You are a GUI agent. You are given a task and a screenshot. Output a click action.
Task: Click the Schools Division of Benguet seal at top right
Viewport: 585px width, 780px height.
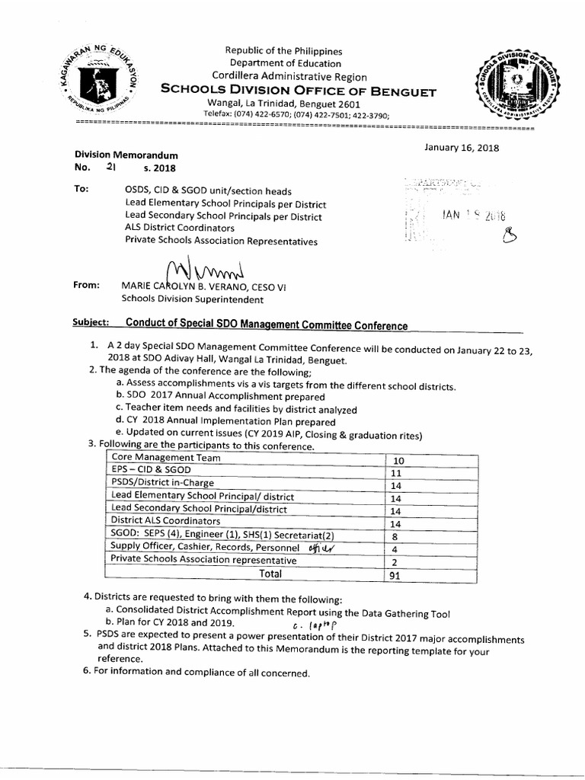click(x=503, y=85)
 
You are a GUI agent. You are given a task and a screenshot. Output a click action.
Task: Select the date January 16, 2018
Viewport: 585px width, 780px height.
click(x=462, y=148)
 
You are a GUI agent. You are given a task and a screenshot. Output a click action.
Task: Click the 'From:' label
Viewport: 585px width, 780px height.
click(x=87, y=286)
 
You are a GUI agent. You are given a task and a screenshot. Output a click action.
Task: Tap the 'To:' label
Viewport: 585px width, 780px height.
click(x=82, y=189)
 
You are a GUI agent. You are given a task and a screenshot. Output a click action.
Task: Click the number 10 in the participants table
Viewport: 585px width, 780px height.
click(x=399, y=460)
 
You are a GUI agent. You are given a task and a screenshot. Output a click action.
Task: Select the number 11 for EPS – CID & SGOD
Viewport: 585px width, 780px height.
click(x=399, y=473)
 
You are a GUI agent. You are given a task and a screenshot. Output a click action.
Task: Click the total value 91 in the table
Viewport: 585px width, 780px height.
click(x=395, y=576)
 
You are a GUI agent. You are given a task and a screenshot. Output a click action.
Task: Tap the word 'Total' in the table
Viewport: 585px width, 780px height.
click(x=270, y=574)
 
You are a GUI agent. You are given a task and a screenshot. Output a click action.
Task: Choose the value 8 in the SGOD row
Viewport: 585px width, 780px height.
click(x=395, y=536)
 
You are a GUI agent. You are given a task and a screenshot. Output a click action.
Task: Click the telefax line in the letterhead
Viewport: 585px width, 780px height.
click(x=296, y=114)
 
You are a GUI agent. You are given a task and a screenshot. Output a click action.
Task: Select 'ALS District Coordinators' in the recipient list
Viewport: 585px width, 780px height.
click(x=180, y=228)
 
